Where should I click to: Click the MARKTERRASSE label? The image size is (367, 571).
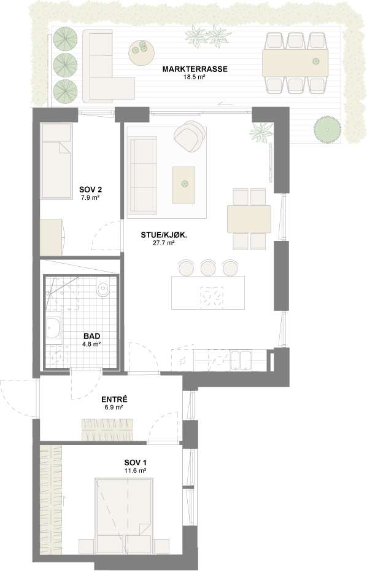tap(195, 69)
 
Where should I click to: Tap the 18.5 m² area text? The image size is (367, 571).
tap(195, 77)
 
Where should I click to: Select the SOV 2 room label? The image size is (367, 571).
tap(91, 189)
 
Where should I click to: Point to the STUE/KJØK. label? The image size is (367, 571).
tap(164, 235)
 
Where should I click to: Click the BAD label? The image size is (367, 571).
tap(91, 336)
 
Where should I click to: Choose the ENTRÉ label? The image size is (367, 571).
tap(114, 399)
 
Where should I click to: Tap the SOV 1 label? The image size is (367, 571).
tap(135, 462)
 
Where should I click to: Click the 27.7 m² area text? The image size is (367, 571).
tap(164, 243)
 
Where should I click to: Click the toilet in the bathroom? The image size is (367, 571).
tap(103, 289)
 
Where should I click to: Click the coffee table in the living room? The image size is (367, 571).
tap(183, 185)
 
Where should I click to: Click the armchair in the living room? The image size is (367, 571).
tap(189, 135)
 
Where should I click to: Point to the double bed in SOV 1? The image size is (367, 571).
tap(124, 513)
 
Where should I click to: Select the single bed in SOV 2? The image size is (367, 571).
tap(56, 161)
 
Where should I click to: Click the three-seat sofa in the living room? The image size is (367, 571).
tap(142, 176)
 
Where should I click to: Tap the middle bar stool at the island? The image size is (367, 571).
tap(208, 267)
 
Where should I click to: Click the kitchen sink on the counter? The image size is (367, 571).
tap(241, 360)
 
